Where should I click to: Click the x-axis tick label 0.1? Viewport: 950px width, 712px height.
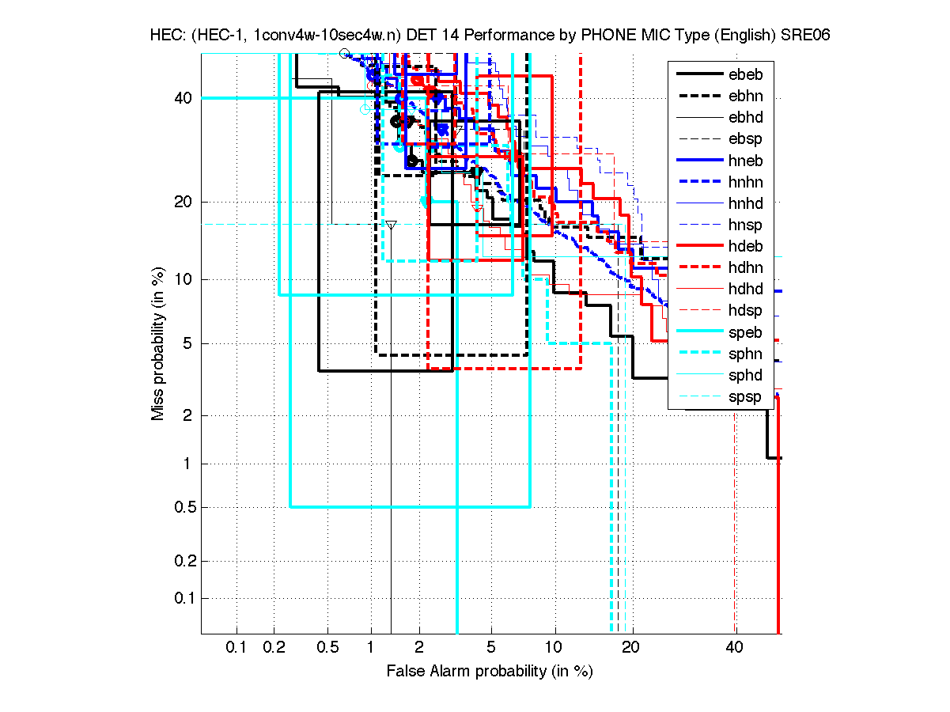coord(237,648)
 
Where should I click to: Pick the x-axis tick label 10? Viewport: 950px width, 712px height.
coord(554,648)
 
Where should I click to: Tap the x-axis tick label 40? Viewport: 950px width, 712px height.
coord(735,648)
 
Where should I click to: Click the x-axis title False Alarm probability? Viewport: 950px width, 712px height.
coord(490,672)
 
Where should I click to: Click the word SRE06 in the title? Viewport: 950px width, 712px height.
coord(805,36)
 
